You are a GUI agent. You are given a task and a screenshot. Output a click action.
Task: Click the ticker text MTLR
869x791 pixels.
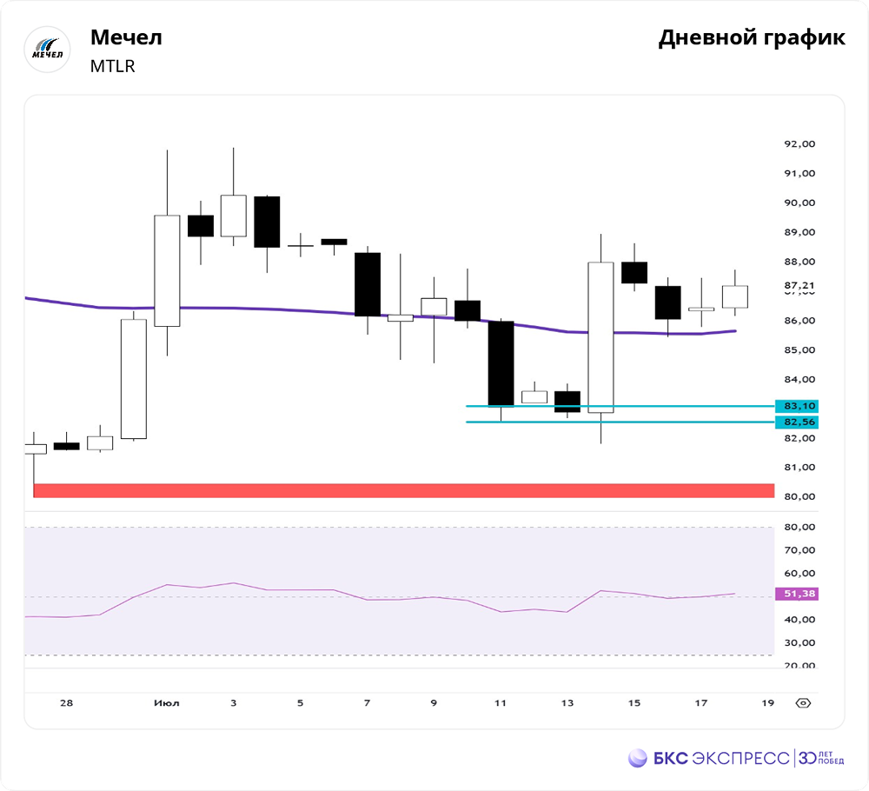coord(113,66)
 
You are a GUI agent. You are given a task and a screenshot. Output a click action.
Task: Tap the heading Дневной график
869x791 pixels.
coord(751,38)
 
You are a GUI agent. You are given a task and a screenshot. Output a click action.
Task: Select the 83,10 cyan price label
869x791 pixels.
coord(799,406)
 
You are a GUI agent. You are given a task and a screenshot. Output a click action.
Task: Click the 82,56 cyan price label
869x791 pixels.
coord(799,422)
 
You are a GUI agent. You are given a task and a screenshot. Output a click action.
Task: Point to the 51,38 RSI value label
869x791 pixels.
coord(799,594)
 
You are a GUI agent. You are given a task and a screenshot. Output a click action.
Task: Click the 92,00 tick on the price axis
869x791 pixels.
coord(799,144)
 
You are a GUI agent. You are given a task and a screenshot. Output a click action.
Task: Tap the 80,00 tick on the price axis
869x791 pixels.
coord(799,497)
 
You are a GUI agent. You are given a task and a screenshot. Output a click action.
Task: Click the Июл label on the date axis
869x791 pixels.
coord(166,702)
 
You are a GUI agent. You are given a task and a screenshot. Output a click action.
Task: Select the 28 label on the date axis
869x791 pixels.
coord(66,702)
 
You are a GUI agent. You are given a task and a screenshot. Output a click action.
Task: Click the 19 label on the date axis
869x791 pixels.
coord(767,702)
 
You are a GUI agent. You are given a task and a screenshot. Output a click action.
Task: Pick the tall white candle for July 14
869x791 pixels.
coord(600,337)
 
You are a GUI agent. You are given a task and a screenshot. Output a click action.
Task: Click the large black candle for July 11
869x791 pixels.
coord(501,363)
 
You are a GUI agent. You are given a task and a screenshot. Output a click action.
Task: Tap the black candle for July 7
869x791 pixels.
coord(368,284)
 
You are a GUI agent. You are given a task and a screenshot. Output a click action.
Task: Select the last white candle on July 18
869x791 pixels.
coord(734,296)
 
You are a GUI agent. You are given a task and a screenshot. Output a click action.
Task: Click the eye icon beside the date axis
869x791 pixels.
coord(804,702)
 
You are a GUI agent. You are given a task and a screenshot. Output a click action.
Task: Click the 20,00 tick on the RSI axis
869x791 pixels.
coord(799,666)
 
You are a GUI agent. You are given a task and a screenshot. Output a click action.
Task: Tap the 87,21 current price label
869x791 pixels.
coord(799,286)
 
